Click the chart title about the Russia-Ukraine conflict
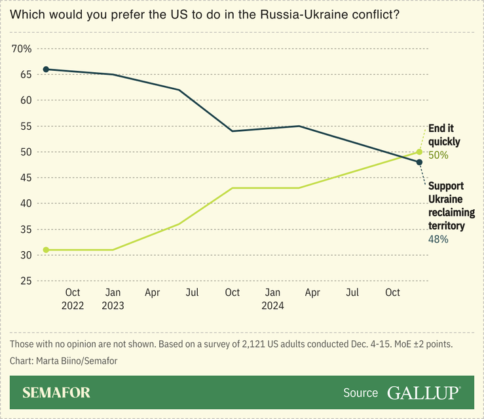coord(205,14)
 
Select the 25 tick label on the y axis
coord(26,281)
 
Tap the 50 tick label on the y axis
coord(26,152)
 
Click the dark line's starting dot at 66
coord(46,69)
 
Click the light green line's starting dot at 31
coord(46,250)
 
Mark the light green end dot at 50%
coord(419,151)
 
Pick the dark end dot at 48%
coord(419,162)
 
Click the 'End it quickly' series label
coord(444,134)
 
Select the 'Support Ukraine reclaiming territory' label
coord(451,205)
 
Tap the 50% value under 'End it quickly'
coord(438,155)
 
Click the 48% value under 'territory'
coord(438,239)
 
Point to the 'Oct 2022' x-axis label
coord(72,298)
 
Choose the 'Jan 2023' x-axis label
coord(113,298)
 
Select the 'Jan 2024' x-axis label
coord(272,298)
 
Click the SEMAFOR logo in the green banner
coord(56,393)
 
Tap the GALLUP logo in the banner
coord(423,393)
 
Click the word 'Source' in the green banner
coord(360,393)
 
